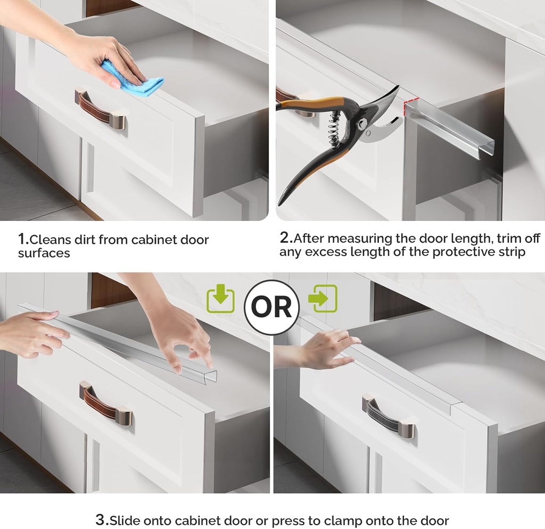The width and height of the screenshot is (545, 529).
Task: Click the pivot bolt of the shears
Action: click(x=362, y=125)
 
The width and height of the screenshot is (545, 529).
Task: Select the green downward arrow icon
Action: click(x=220, y=300)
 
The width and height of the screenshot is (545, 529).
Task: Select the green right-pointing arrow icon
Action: click(x=324, y=299)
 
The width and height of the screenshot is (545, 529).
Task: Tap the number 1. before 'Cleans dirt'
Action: click(x=23, y=239)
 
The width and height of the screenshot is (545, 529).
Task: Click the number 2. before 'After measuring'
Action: click(x=286, y=238)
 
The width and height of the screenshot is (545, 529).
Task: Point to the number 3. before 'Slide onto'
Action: click(x=102, y=519)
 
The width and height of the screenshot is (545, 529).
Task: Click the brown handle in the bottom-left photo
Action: click(x=105, y=401)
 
